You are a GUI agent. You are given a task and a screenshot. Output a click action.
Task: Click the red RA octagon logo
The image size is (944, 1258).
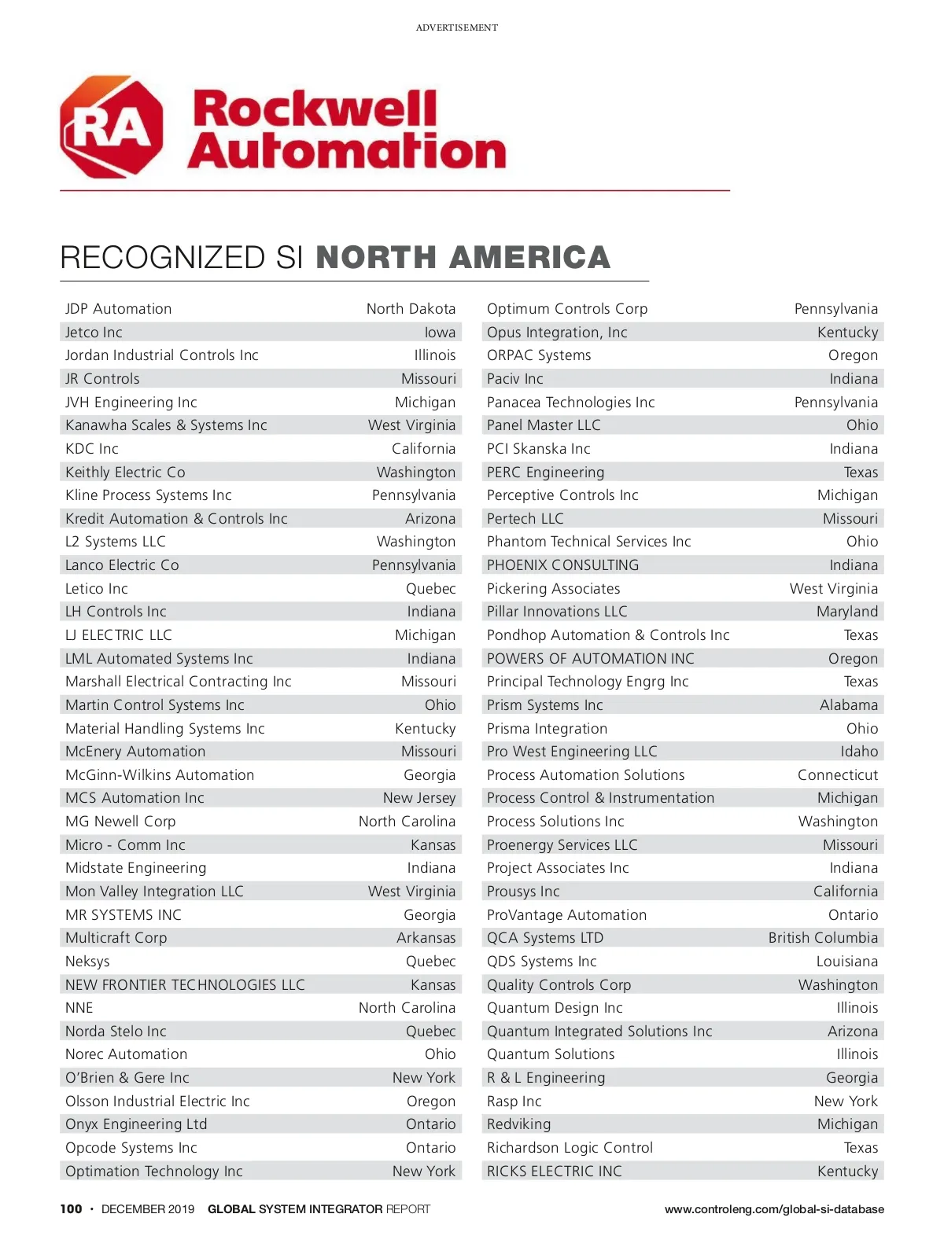112,127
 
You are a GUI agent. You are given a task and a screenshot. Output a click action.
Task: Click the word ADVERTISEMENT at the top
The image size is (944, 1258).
456,28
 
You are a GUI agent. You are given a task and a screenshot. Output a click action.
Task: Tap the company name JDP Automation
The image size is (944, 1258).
118,309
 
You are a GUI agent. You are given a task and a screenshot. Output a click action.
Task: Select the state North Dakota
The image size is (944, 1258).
411,309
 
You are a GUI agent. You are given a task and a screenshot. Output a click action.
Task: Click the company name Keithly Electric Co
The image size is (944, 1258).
125,472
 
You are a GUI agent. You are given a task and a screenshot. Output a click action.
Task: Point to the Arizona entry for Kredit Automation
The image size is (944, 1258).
430,519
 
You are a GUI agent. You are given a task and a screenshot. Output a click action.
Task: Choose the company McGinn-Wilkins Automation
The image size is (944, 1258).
160,775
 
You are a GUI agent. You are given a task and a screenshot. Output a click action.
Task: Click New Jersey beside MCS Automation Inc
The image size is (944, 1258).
419,798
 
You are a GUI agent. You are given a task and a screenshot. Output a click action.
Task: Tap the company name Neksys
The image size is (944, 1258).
87,962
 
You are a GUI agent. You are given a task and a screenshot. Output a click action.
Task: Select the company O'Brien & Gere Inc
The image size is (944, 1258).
127,1078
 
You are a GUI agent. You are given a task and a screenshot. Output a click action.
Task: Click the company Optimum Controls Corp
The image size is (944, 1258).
567,309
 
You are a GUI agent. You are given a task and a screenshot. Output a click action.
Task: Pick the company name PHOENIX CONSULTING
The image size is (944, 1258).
562,565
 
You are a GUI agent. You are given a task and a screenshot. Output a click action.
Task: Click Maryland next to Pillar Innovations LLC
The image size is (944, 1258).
846,612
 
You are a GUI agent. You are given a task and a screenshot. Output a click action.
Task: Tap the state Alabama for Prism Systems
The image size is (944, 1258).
848,705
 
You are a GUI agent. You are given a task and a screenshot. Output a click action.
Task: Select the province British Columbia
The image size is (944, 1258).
823,938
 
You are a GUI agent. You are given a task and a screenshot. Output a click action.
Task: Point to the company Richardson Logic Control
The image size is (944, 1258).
570,1148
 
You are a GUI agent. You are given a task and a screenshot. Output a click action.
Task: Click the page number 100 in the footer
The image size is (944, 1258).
71,1209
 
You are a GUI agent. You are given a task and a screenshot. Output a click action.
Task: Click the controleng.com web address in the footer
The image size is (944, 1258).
774,1209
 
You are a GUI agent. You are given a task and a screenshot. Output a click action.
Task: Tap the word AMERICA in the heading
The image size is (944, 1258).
531,258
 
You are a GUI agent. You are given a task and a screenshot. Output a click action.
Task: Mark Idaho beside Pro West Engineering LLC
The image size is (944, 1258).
858,752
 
